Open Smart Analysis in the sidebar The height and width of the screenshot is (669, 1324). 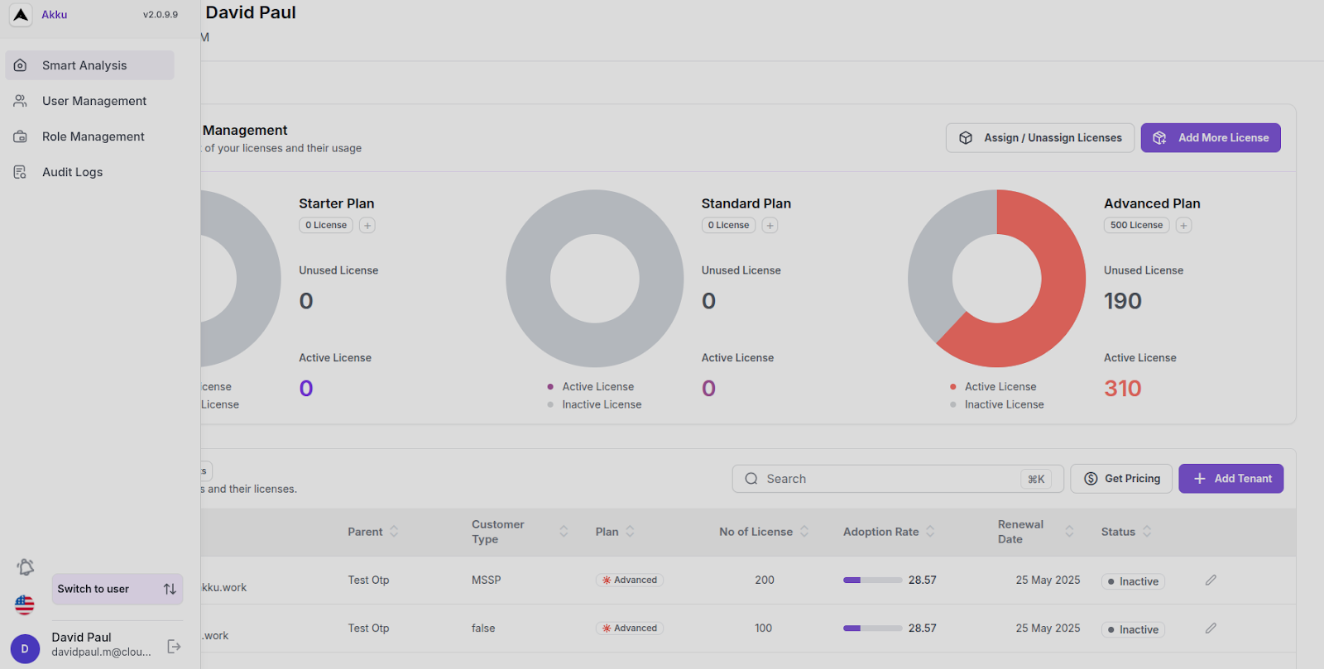[84, 65]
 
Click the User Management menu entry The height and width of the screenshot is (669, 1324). [94, 101]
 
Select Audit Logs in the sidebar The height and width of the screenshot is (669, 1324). [72, 172]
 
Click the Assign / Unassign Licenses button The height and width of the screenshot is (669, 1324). [1040, 138]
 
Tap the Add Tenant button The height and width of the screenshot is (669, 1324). [1230, 479]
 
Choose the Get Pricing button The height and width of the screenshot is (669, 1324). [1121, 479]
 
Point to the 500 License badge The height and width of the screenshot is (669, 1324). [1136, 225]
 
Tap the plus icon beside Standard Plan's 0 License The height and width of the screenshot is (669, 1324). [770, 225]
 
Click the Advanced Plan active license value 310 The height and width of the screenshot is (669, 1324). [1122, 388]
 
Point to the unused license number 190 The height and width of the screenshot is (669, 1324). [1122, 301]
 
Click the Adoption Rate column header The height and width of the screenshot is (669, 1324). [880, 532]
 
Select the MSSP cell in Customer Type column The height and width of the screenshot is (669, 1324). [486, 580]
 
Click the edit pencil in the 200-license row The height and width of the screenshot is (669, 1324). [1211, 580]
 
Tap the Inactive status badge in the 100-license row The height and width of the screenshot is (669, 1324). [1133, 629]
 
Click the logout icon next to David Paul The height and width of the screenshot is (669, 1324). [174, 647]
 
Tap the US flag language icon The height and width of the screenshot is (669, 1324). [25, 605]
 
